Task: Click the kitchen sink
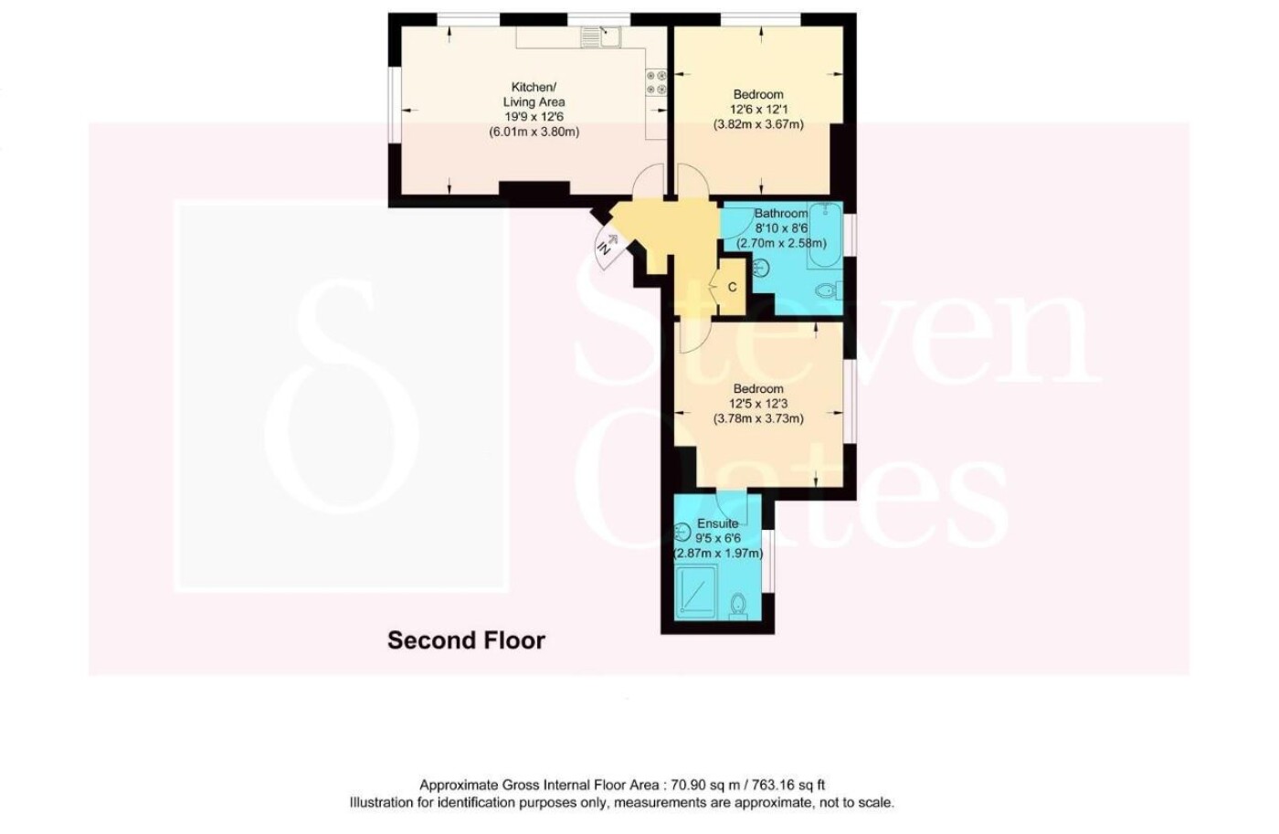tap(601, 37)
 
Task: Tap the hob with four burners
tap(656, 82)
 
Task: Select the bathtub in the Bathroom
tap(825, 235)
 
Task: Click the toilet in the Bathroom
tap(830, 292)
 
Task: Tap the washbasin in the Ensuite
tap(683, 532)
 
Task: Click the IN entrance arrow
tap(608, 243)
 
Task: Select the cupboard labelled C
tap(732, 287)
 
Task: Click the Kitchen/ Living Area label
tap(534, 95)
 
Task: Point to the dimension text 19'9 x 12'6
tap(534, 117)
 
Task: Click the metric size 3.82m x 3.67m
tap(758, 124)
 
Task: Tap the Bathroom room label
tap(781, 214)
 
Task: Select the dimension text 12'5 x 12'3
tap(758, 404)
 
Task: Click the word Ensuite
tap(718, 523)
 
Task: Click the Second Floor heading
tap(467, 640)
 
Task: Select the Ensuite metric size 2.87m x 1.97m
tap(719, 554)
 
